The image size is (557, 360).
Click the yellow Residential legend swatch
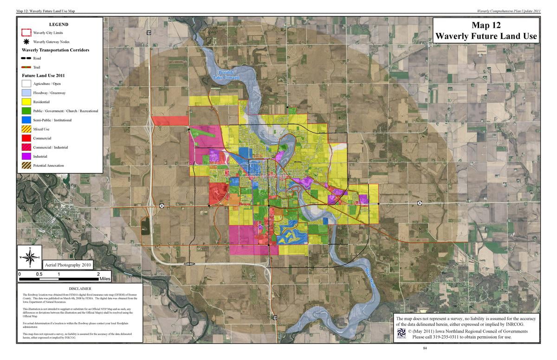pos(26,102)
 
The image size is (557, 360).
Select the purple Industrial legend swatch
pos(26,156)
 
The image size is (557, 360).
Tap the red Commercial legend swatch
pos(26,138)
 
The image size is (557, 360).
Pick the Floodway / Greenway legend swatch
pos(26,93)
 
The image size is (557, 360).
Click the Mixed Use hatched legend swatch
pos(26,129)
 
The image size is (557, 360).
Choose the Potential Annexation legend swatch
pos(26,166)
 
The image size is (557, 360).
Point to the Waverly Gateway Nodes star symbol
pos(26,42)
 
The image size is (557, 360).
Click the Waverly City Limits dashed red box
pos(26,32)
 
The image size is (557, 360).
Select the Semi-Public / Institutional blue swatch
pos(26,120)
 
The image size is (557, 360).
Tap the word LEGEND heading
pos(58,25)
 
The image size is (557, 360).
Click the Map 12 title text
pos(486,26)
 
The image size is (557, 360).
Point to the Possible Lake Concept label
pos(229,75)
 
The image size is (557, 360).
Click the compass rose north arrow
pos(30,257)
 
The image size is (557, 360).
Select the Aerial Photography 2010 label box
pos(68,265)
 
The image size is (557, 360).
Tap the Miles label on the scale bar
pos(105,279)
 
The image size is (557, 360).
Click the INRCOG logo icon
pos(402,334)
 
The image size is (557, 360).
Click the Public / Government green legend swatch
pos(26,111)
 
